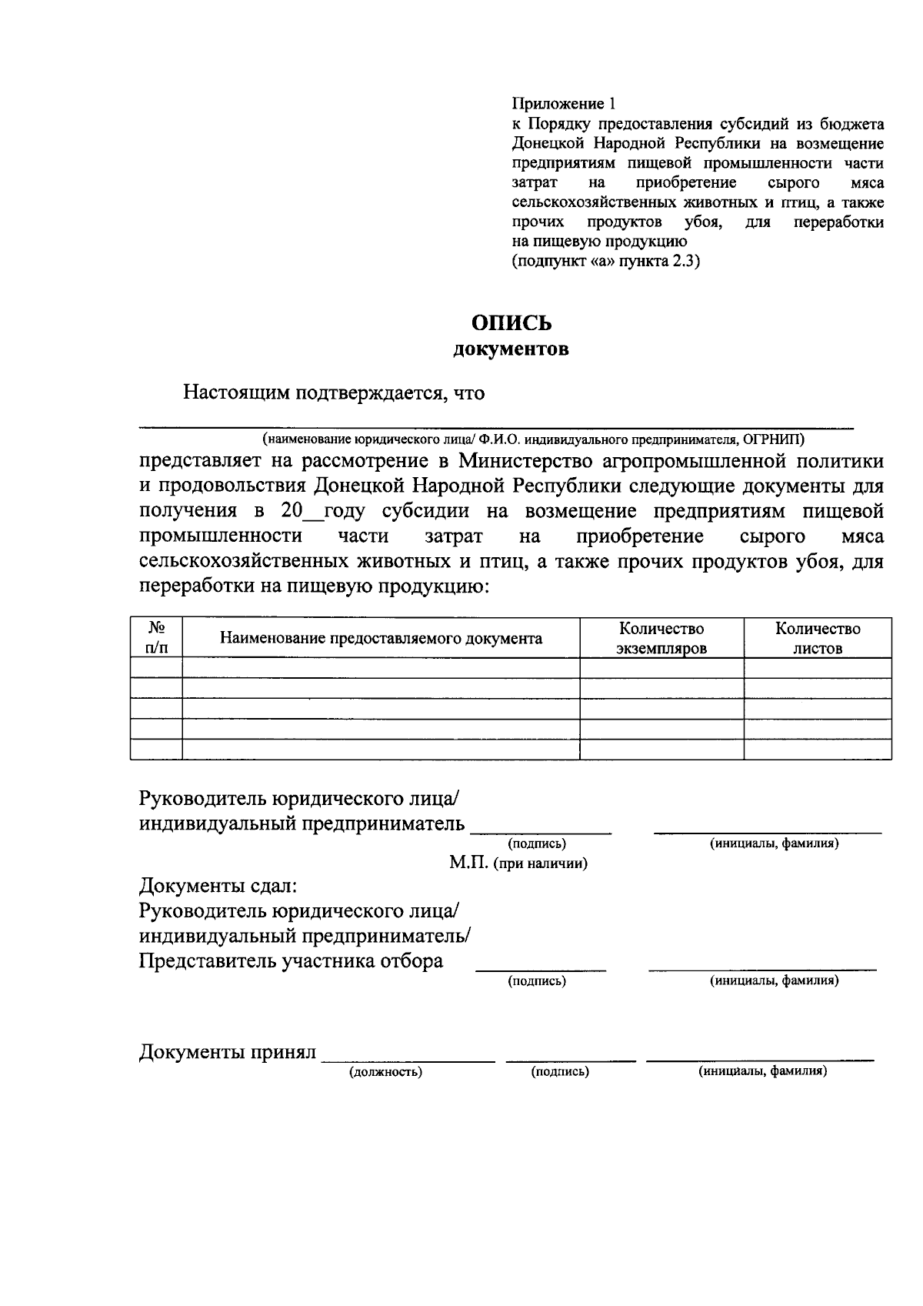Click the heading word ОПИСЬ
pyautogui.click(x=511, y=323)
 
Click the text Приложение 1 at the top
pyautogui.click(x=564, y=103)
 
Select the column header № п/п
pyautogui.click(x=156, y=638)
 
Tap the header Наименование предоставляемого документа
pyautogui.click(x=381, y=638)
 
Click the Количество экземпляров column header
pyautogui.click(x=661, y=638)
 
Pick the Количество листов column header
pyautogui.click(x=818, y=638)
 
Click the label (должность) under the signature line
pyautogui.click(x=385, y=1071)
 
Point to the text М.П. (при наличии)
pyautogui.click(x=518, y=863)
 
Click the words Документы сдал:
pyautogui.click(x=218, y=887)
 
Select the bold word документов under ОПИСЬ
pyautogui.click(x=511, y=350)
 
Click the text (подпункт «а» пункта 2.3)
pyautogui.click(x=606, y=261)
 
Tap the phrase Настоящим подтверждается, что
pyautogui.click(x=334, y=393)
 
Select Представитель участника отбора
pyautogui.click(x=291, y=961)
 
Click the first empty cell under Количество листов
pyautogui.click(x=818, y=668)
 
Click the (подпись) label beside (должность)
pyautogui.click(x=560, y=1071)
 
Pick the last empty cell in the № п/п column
pyautogui.click(x=156, y=749)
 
